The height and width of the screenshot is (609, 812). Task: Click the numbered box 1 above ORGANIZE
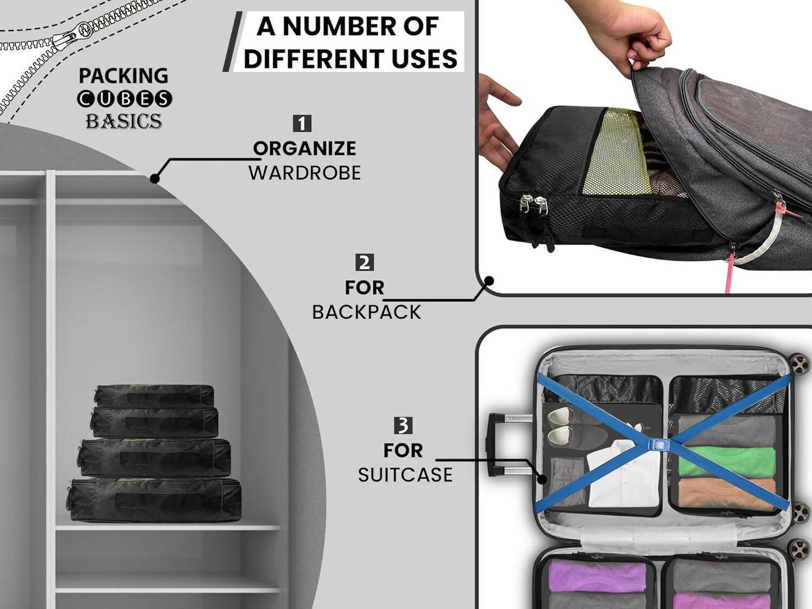(x=302, y=124)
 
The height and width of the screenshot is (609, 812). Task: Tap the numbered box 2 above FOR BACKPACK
(x=364, y=262)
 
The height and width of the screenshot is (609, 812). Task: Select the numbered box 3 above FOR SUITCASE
(x=403, y=426)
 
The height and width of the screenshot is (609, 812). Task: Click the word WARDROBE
(x=305, y=173)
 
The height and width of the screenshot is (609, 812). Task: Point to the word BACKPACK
(x=366, y=312)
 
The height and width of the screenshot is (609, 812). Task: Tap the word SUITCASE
(x=405, y=475)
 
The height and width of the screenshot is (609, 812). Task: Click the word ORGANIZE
(x=305, y=148)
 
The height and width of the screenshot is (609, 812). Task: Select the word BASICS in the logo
(x=124, y=121)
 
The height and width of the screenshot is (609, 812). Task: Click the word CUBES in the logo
(x=124, y=99)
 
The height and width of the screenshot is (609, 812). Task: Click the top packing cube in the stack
(x=153, y=396)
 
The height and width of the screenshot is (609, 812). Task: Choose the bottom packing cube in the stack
(x=154, y=500)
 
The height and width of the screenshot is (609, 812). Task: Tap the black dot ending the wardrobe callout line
(x=155, y=179)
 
